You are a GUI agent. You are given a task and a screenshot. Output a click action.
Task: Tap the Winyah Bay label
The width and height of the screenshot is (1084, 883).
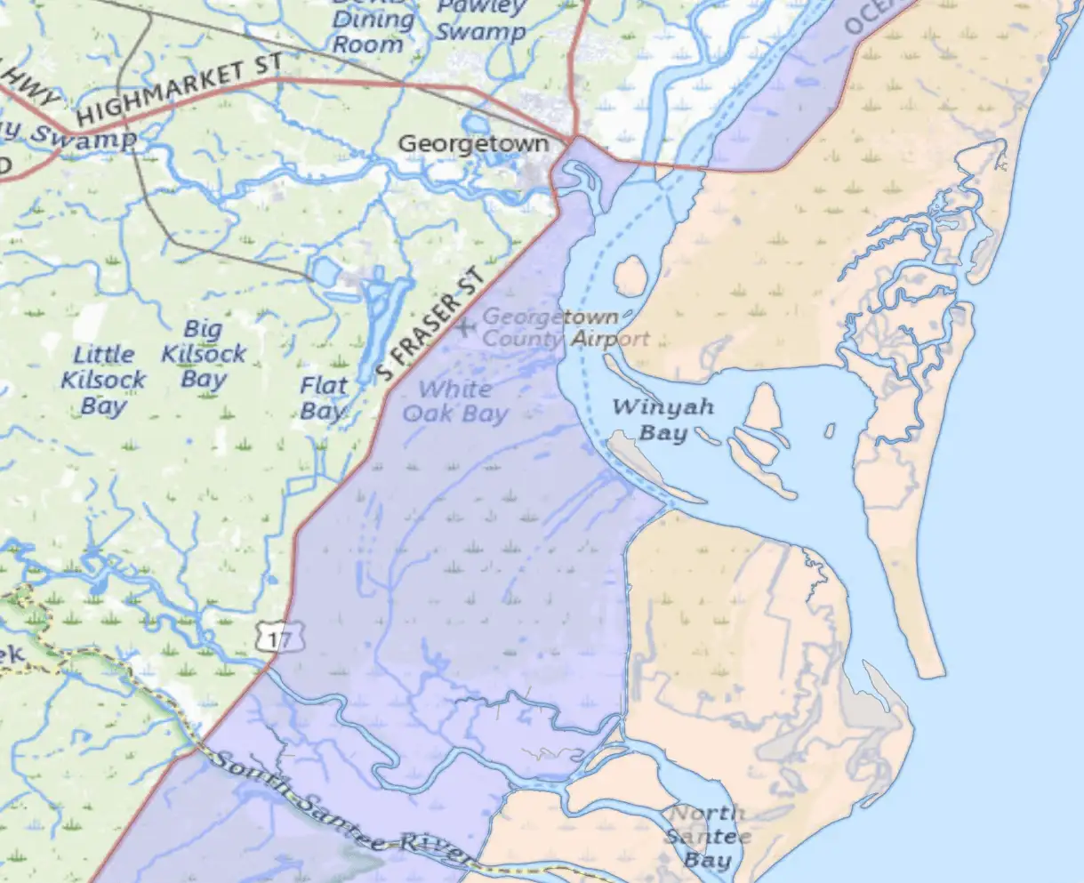(663, 420)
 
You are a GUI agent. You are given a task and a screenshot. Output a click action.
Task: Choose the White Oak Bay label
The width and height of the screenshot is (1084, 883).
(455, 401)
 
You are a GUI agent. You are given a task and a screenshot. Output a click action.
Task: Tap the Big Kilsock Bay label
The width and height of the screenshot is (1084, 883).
(204, 354)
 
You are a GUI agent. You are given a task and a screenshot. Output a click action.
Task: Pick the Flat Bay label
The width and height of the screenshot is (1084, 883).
(323, 397)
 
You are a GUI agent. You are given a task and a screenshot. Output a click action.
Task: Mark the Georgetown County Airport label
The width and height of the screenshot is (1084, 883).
(565, 327)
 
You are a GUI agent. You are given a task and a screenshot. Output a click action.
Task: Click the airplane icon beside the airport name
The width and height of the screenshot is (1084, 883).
(465, 326)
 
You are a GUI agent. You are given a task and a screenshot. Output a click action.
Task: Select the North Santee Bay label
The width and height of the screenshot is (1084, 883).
(708, 836)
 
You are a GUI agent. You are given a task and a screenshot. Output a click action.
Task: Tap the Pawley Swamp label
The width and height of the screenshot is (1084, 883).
(480, 20)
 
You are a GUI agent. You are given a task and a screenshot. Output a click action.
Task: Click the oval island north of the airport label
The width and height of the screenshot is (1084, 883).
(630, 276)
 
